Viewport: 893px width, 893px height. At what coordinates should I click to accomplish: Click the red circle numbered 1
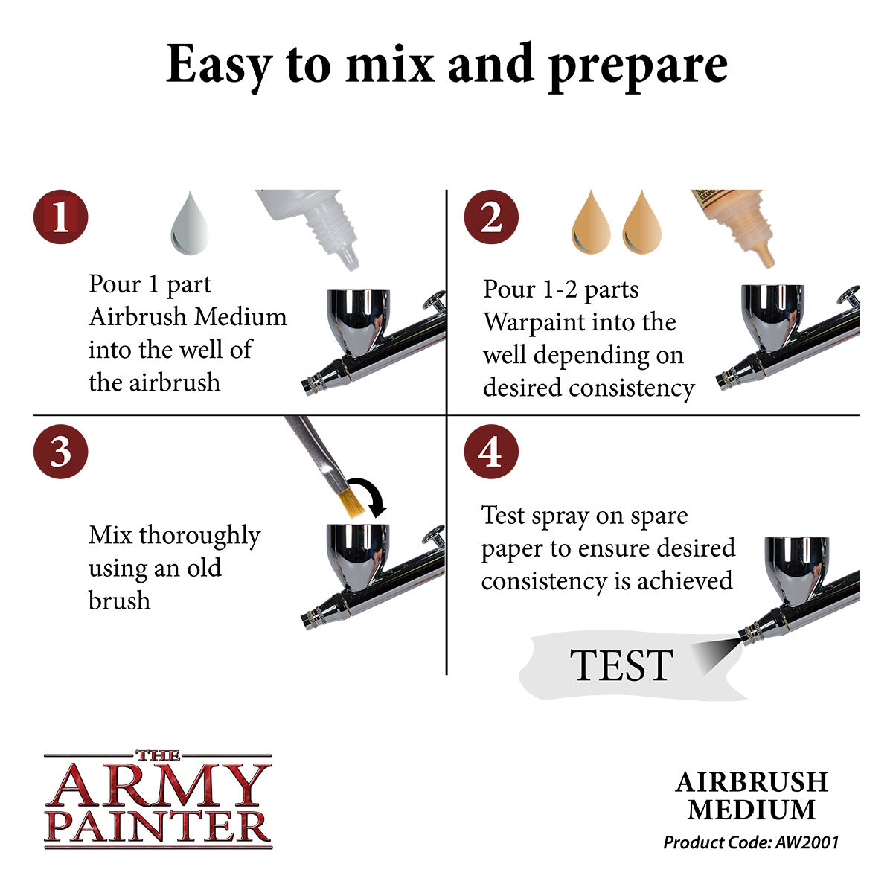pyautogui.click(x=61, y=219)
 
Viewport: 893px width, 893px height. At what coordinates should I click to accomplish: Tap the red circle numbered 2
pyautogui.click(x=491, y=219)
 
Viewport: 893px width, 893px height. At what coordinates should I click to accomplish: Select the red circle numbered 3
pyautogui.click(x=61, y=452)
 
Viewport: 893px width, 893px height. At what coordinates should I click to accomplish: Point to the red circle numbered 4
pyautogui.click(x=491, y=452)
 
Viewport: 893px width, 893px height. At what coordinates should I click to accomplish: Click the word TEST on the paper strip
pyautogui.click(x=621, y=665)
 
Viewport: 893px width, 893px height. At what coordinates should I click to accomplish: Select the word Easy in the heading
pyautogui.click(x=217, y=65)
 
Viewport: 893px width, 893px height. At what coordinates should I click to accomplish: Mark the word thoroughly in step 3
pyautogui.click(x=199, y=536)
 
